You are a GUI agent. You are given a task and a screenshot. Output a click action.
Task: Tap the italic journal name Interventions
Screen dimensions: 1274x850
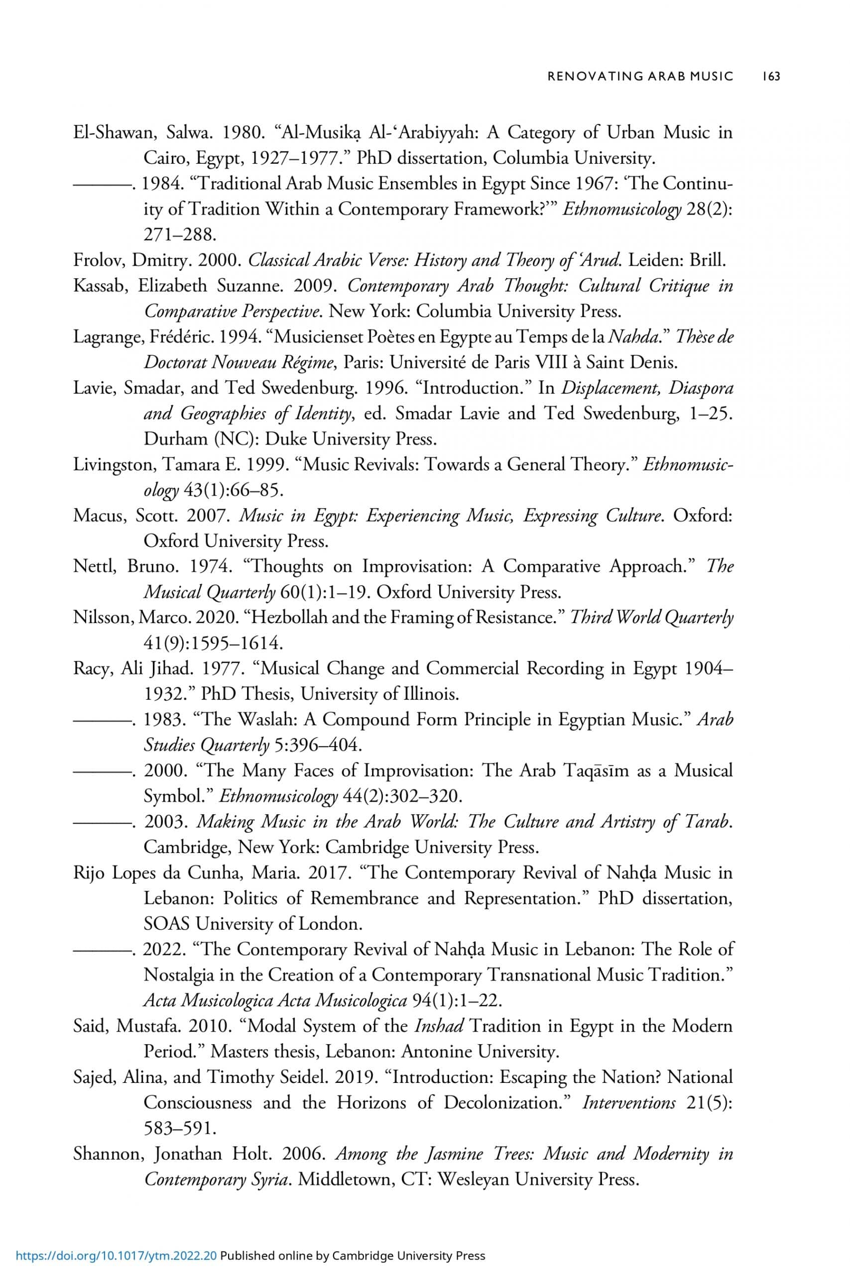(629, 1103)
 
